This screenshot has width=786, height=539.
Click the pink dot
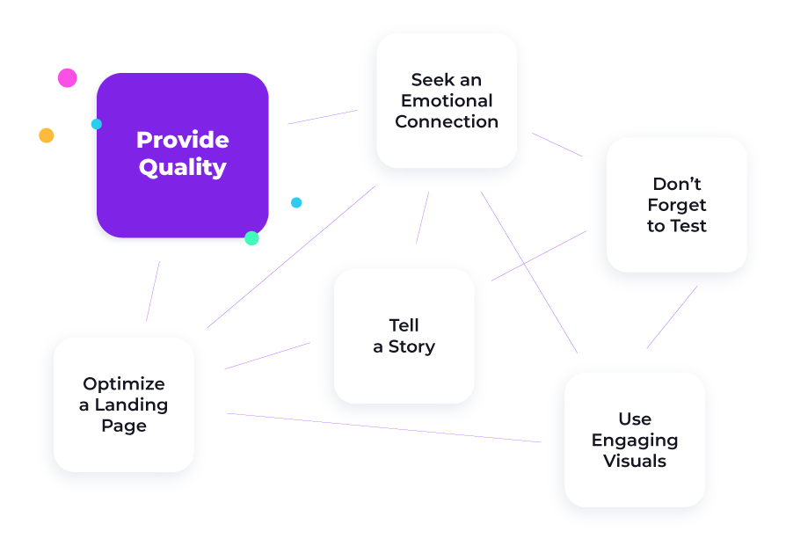[x=67, y=77]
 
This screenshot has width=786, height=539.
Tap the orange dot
[x=46, y=135]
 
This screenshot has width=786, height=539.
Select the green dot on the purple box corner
[x=251, y=238]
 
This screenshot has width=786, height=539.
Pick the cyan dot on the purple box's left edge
[x=96, y=124]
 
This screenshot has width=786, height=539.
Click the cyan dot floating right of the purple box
[x=296, y=202]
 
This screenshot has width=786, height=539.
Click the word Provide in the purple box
[x=183, y=140]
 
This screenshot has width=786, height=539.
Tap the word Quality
[x=183, y=167]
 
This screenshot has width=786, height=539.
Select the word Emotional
[x=447, y=101]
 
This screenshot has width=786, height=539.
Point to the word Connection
[x=447, y=121]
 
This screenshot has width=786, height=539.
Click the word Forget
[x=677, y=205]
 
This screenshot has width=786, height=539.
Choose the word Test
[x=690, y=226]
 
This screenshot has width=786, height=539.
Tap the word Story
[x=411, y=346]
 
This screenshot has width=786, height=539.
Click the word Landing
[x=131, y=404]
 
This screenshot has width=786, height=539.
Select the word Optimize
[x=124, y=383]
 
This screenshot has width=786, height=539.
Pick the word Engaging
[x=635, y=441]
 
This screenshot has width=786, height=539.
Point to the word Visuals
[x=635, y=461]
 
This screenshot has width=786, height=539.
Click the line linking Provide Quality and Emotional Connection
[x=323, y=117]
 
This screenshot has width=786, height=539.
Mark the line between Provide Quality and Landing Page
[x=153, y=291]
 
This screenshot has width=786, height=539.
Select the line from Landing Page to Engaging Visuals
[x=384, y=427]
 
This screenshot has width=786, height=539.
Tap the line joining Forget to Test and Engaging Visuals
[x=672, y=317]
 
